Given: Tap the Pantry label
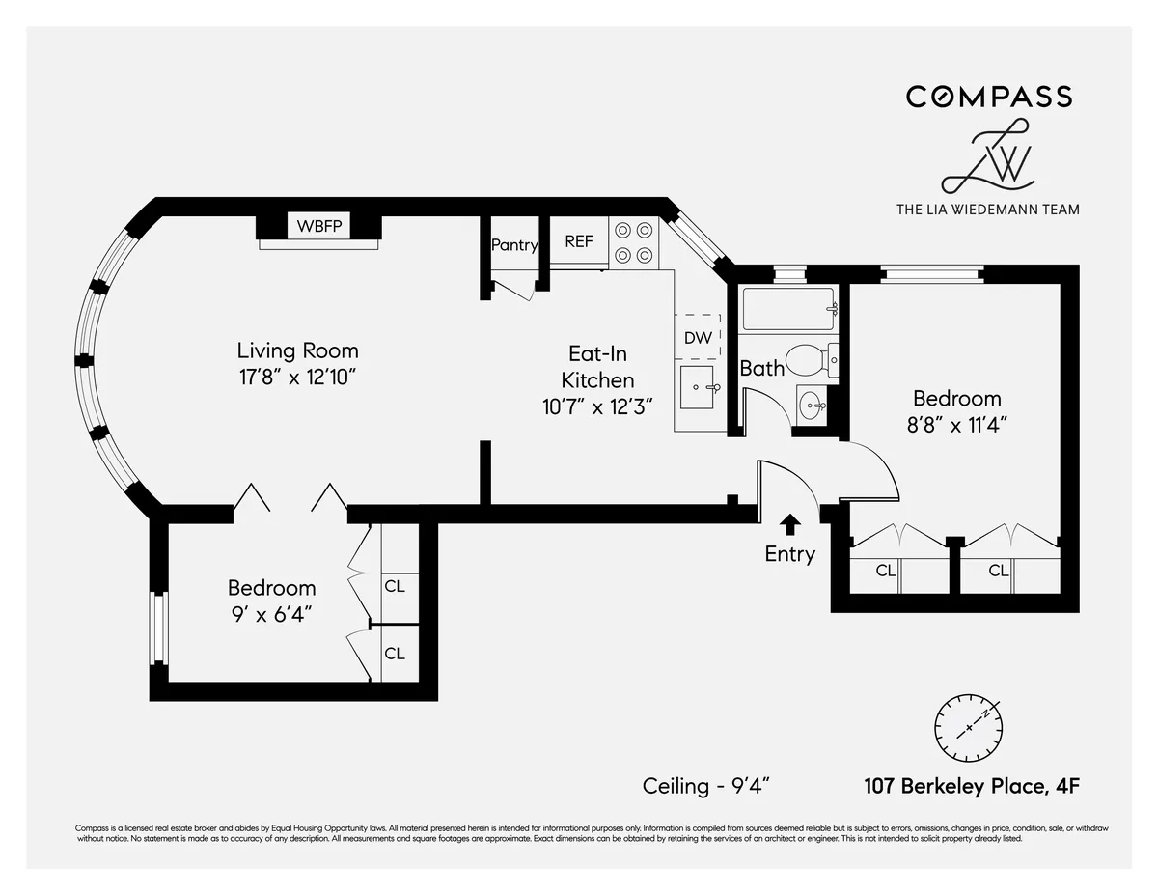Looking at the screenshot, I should click(513, 245).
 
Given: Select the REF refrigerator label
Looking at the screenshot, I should click(579, 241).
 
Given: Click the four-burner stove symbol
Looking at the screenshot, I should click(633, 242).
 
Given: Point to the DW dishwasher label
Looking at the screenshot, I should click(698, 338).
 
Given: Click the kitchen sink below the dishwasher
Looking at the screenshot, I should click(699, 386).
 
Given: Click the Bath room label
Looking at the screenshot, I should click(761, 368).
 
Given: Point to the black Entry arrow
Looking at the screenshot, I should click(790, 524).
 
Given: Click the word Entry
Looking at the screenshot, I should click(789, 554).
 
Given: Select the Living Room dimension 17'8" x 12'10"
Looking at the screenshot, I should click(297, 376).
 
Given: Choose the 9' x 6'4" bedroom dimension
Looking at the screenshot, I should click(270, 613).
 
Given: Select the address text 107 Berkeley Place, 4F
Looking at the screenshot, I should click(971, 786).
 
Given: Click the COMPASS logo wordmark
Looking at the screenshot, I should click(988, 97).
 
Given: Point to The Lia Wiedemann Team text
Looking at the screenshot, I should click(988, 209).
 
